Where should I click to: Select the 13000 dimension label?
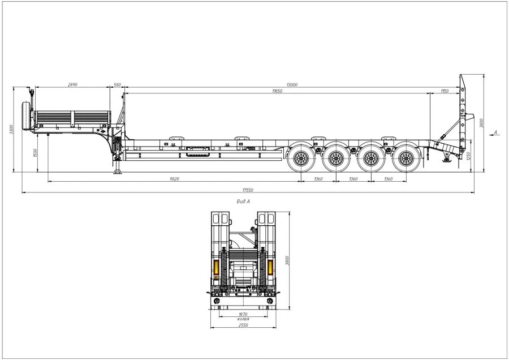click(292, 84)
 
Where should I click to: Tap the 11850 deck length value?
click(277, 91)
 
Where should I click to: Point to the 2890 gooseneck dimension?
click(72, 84)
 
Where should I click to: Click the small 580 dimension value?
click(117, 84)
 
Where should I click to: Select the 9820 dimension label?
click(174, 179)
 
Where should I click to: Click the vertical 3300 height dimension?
click(11, 130)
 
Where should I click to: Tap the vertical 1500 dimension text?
click(36, 153)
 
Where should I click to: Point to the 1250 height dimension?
click(469, 156)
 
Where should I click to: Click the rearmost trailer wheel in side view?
click(406, 158)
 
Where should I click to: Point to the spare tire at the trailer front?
click(25, 116)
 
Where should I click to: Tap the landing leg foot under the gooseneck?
click(118, 173)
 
